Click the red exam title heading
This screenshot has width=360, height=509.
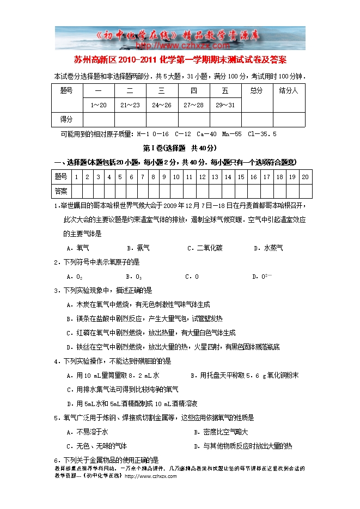180,59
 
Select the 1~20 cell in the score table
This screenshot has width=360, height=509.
99,105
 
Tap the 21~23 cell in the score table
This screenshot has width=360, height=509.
130,105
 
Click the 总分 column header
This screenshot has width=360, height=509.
257,90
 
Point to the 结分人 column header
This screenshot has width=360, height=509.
288,90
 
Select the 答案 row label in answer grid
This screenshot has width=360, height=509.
61,191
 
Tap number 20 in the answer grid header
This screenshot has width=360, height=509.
305,177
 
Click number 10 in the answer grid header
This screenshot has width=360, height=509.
176,177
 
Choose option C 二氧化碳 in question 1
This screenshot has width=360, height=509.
204,248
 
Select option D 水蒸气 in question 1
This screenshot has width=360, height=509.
269,248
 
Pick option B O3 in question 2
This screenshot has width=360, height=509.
134,277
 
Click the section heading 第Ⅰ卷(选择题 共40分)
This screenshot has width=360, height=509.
180,148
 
